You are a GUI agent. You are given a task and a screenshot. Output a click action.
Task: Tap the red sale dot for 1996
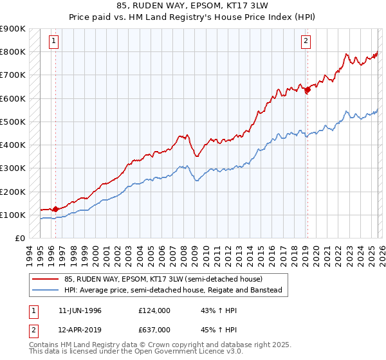(55, 209)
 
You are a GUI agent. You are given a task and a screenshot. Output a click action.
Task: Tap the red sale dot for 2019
(308, 90)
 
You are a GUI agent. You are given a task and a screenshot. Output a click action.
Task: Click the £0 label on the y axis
(20, 239)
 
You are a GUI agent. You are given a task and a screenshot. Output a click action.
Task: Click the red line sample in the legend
(46, 279)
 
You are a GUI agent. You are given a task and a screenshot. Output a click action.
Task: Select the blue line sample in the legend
(46, 291)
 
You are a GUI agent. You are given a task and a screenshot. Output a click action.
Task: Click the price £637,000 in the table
(154, 330)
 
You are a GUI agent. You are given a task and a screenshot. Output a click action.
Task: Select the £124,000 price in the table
(154, 310)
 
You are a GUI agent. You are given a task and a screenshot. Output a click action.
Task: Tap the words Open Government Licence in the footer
(162, 354)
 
